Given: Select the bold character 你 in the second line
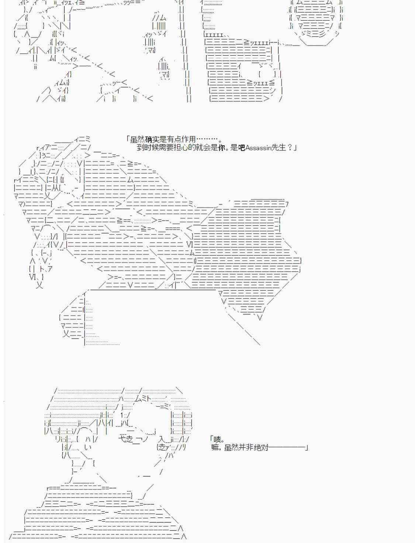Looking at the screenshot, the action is point(222,148).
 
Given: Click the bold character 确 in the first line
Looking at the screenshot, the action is point(149,139).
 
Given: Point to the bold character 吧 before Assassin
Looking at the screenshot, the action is point(242,148).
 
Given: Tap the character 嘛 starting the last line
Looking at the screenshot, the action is point(215,448).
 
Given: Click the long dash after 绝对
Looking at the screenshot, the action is point(287,447).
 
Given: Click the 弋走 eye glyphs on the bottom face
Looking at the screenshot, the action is point(126,439).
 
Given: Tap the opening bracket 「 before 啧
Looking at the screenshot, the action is point(211,438).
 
